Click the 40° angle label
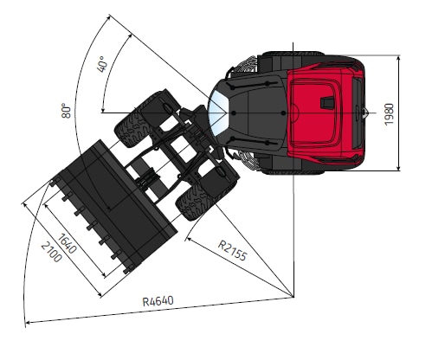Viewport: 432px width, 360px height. click(102, 64)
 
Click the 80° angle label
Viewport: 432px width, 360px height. click(66, 111)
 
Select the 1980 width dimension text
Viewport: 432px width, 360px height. click(389, 114)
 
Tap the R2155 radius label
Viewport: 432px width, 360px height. click(232, 250)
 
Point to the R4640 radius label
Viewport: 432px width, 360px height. click(158, 301)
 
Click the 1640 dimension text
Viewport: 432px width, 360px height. click(68, 244)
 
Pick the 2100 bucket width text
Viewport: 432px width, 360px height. click(51, 252)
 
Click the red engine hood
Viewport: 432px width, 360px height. click(322, 113)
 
